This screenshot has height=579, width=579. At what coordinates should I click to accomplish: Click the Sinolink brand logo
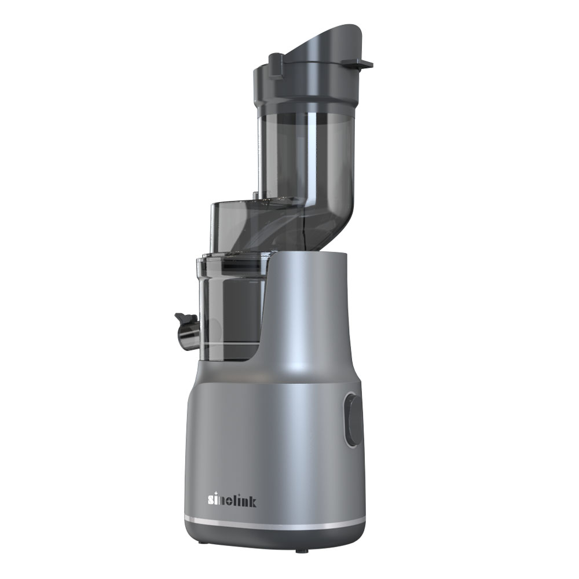tap(232, 500)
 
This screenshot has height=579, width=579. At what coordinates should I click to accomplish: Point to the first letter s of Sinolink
tap(211, 502)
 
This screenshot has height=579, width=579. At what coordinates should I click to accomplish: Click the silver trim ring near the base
tap(274, 522)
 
